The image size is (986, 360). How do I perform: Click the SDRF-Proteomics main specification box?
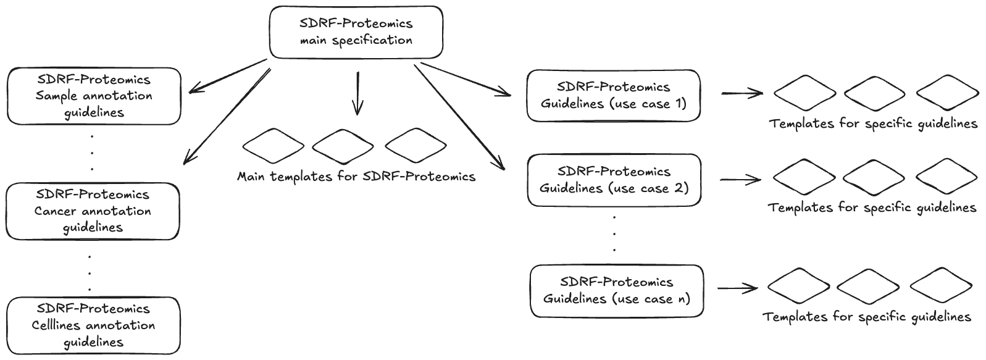pyautogui.click(x=356, y=33)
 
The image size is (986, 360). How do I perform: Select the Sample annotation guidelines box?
pyautogui.click(x=94, y=96)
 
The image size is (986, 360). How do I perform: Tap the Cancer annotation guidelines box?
pyautogui.click(x=93, y=211)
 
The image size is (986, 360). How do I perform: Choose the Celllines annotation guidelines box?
pyautogui.click(x=94, y=325)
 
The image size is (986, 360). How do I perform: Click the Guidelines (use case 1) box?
pyautogui.click(x=613, y=96)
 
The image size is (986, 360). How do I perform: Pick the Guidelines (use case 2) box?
pyautogui.click(x=614, y=180)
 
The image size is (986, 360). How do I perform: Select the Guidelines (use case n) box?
pyautogui.click(x=616, y=291)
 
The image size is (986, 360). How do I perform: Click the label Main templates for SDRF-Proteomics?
pyautogui.click(x=356, y=177)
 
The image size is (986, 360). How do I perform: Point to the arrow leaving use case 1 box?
pyautogui.click(x=742, y=94)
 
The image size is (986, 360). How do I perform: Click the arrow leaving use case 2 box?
pyautogui.click(x=740, y=180)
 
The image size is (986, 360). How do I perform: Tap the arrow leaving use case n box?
pyautogui.click(x=738, y=288)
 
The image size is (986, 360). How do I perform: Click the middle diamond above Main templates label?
pyautogui.click(x=343, y=146)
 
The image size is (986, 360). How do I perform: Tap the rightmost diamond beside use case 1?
pyautogui.click(x=947, y=93)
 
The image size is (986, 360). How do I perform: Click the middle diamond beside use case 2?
pyautogui.click(x=873, y=177)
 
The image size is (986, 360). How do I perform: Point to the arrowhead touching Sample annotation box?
pyautogui.click(x=193, y=91)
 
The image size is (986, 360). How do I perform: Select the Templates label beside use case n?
pyautogui.click(x=867, y=317)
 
